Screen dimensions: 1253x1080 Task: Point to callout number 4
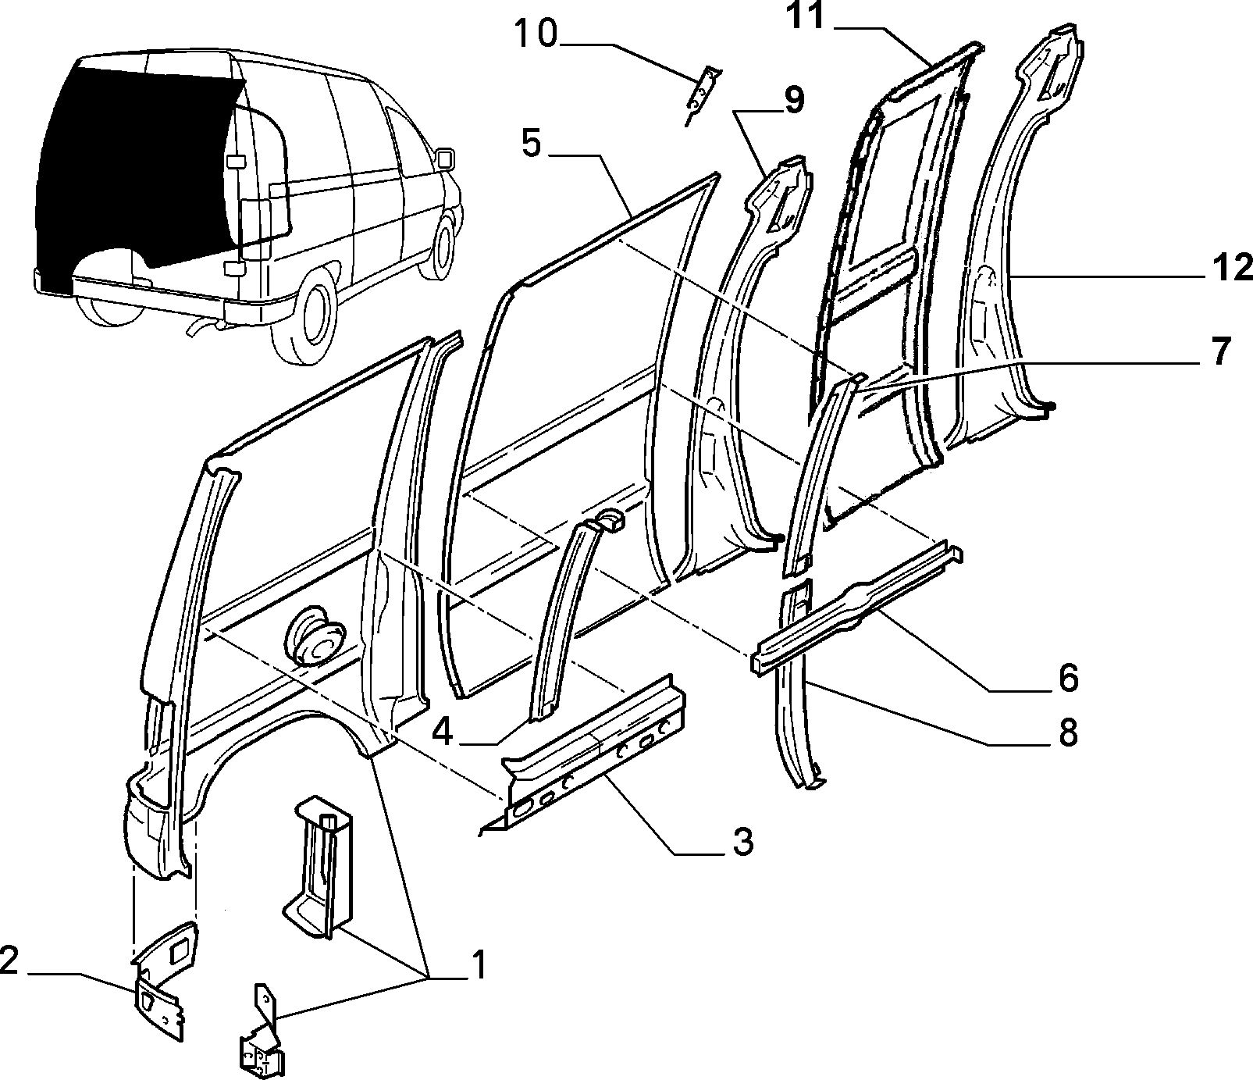[x=442, y=732]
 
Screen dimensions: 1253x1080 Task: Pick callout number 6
[x=1067, y=678]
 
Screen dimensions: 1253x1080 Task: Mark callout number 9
[x=793, y=101]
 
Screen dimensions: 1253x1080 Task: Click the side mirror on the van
[x=445, y=158]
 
